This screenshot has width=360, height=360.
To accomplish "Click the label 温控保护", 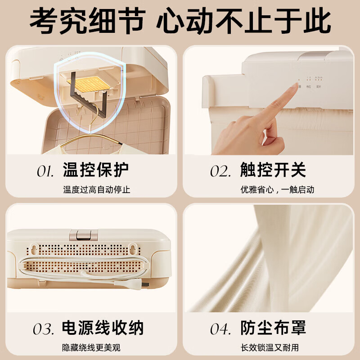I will tap(95, 170).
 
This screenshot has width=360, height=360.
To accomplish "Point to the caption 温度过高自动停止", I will tap(96, 190).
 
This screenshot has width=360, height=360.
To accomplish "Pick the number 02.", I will tap(221, 171).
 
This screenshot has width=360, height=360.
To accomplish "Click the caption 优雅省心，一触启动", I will tap(277, 190).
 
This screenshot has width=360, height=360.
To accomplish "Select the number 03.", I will tap(44, 329).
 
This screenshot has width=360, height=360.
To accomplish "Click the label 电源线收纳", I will tap(103, 328).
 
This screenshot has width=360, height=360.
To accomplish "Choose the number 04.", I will tap(221, 329).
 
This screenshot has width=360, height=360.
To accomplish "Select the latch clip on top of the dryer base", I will tap(84, 235).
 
